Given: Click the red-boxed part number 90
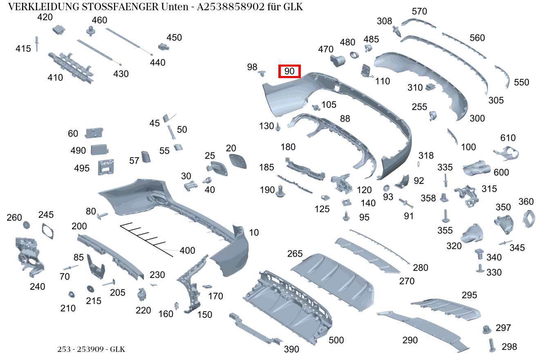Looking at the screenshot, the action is point(289,71).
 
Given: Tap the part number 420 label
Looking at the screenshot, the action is point(45,17).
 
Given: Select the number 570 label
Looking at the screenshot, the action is point(419,11).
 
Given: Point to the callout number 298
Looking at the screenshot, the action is point(509,347).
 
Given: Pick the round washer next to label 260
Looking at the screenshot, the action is point(27,225).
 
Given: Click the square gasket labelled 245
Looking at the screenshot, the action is point(48,231).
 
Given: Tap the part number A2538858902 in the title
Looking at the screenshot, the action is point(231,7).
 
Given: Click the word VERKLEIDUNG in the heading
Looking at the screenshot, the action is point(44,7).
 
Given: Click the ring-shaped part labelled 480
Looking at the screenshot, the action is point(354,55).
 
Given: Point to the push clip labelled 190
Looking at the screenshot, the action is point(280,191).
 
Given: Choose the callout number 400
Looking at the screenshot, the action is point(187,250).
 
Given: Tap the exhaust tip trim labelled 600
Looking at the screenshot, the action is point(476,168).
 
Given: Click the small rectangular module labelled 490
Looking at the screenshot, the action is point(99,150).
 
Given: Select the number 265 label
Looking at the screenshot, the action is point(295,253).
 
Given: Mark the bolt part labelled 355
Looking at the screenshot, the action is point(446,216).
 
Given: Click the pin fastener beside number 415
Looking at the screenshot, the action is point(37,44).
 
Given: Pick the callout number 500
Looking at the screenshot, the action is point(336,340).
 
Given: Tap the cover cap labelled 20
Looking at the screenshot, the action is point(238,161).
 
